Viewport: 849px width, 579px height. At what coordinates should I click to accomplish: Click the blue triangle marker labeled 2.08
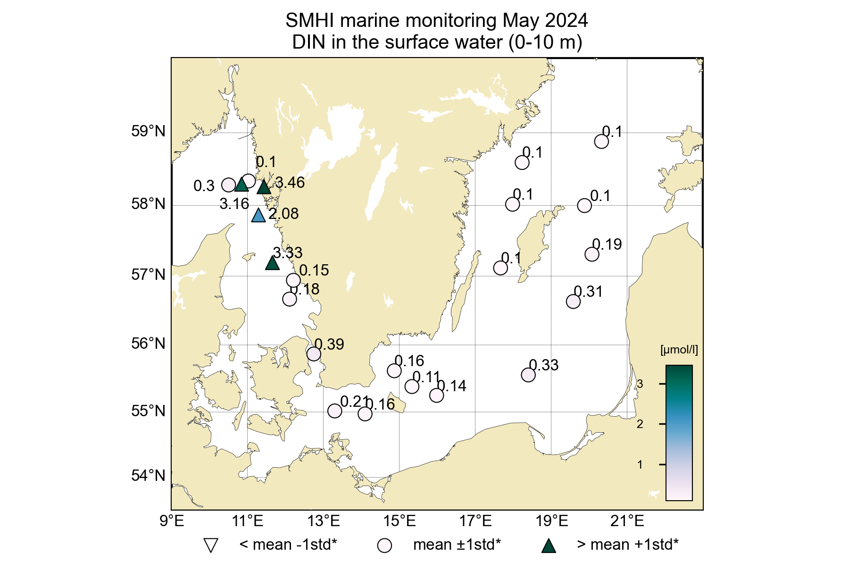pos(258,216)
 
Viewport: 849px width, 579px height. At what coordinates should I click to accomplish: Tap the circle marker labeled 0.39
pos(314,354)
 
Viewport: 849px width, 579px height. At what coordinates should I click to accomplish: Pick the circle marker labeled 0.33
pos(528,375)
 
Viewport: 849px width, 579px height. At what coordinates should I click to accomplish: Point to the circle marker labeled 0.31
pos(573,302)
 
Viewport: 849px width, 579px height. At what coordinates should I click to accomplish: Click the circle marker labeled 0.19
pos(592,254)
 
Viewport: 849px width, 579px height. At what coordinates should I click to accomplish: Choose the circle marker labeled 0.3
pos(229,185)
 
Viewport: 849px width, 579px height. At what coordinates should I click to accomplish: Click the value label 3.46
pos(290,183)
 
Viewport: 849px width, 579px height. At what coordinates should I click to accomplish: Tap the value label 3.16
pos(234,204)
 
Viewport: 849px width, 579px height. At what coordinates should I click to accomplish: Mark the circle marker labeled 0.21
pos(335,411)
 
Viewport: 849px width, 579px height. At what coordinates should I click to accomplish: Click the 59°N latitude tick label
pos(149,131)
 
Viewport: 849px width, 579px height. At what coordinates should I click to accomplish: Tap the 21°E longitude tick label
pos(627,521)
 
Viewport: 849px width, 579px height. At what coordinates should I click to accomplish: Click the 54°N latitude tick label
pos(149,476)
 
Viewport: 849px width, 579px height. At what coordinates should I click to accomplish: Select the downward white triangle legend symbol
pos(210,545)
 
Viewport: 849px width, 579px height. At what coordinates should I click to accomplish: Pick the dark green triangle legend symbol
pos(549,546)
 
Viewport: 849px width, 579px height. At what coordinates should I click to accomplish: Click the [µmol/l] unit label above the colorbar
pos(679,350)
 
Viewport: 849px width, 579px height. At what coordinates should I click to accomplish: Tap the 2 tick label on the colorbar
pos(640,424)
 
